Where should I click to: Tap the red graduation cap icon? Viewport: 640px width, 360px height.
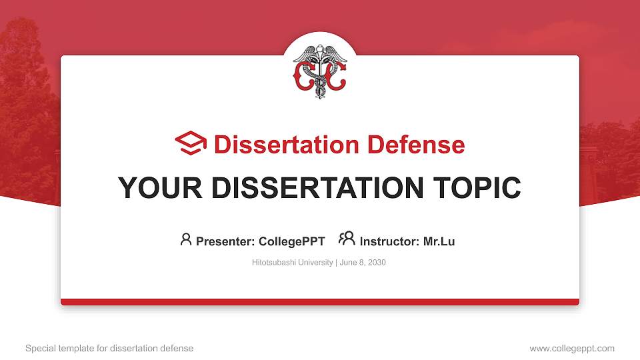click(191, 144)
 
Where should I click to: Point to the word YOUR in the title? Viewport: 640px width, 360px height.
click(153, 188)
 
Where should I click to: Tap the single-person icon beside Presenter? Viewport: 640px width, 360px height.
click(186, 239)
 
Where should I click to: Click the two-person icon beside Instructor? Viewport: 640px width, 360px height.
click(347, 239)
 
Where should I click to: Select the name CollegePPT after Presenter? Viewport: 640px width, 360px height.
click(293, 241)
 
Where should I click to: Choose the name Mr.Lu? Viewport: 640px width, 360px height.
click(439, 241)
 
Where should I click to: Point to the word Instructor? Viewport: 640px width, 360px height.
click(390, 241)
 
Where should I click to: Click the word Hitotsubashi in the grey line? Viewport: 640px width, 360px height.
click(273, 263)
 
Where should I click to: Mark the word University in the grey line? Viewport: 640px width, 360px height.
click(315, 263)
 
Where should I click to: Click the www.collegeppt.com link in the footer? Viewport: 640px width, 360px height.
click(572, 348)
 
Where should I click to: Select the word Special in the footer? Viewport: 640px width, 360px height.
click(41, 348)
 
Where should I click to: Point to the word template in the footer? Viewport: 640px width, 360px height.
click(77, 348)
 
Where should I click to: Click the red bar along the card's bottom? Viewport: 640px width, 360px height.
click(320, 302)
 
